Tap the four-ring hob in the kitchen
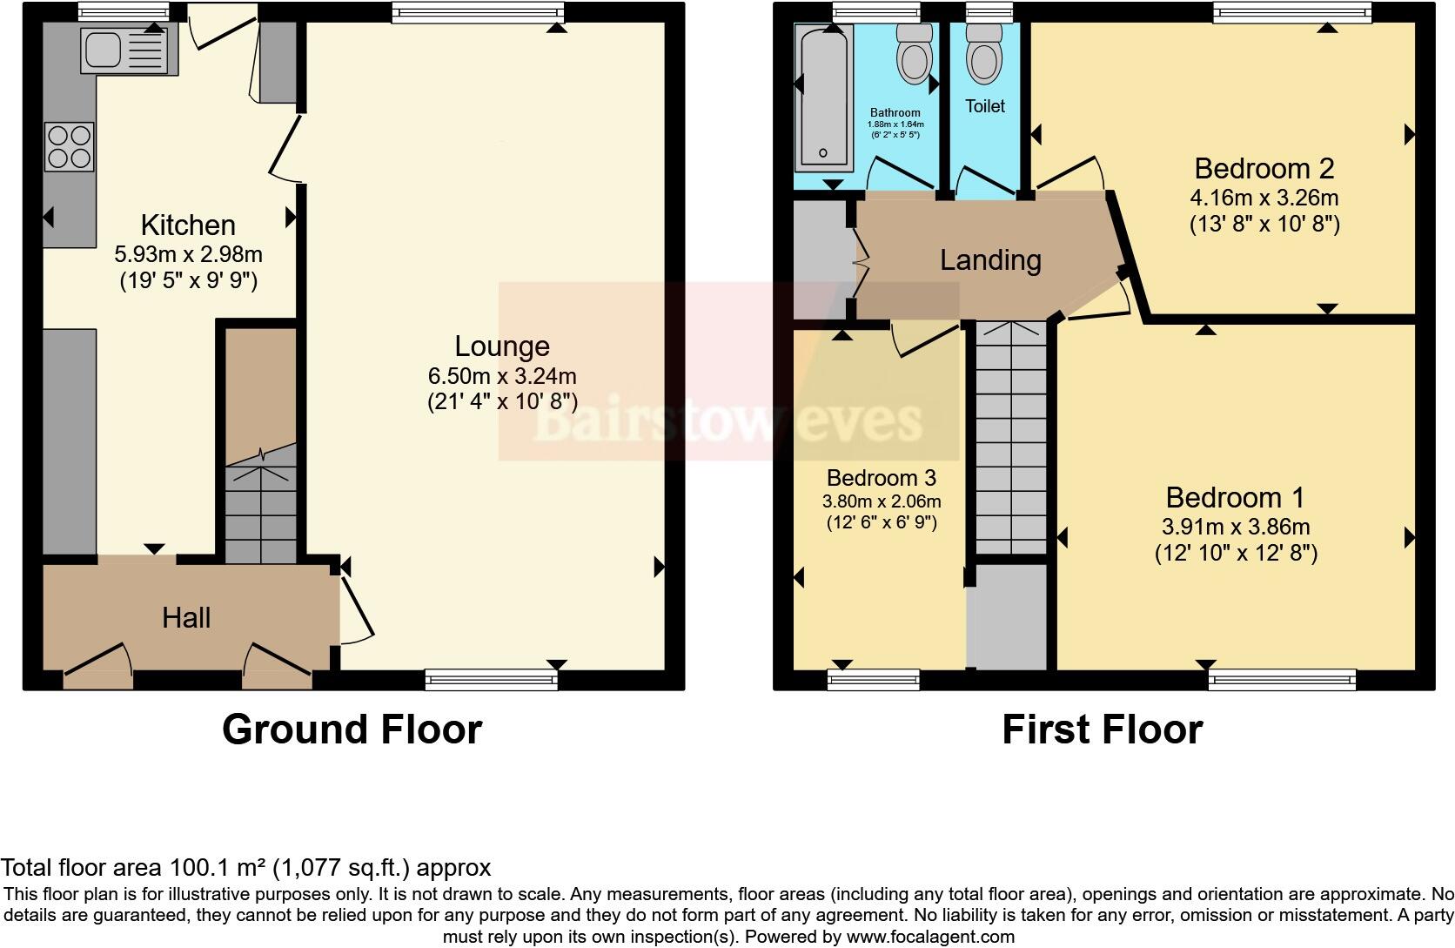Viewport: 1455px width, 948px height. (x=70, y=147)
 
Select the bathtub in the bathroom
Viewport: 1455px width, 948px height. (x=823, y=96)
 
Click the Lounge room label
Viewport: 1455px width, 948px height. (x=502, y=346)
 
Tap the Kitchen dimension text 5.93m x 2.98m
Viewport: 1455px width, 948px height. (x=188, y=255)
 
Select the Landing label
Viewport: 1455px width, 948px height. (x=990, y=260)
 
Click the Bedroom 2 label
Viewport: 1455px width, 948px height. (x=1264, y=168)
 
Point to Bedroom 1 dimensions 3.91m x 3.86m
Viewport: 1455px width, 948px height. (x=1236, y=527)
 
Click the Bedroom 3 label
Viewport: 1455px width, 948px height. (x=881, y=478)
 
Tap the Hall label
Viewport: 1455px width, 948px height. (x=186, y=618)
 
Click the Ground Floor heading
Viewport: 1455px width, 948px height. (x=352, y=729)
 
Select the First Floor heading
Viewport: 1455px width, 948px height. (x=1102, y=729)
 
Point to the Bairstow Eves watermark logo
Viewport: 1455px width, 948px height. (x=727, y=421)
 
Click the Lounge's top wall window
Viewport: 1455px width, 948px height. (x=478, y=11)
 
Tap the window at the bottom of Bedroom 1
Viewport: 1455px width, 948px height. (x=1281, y=679)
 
